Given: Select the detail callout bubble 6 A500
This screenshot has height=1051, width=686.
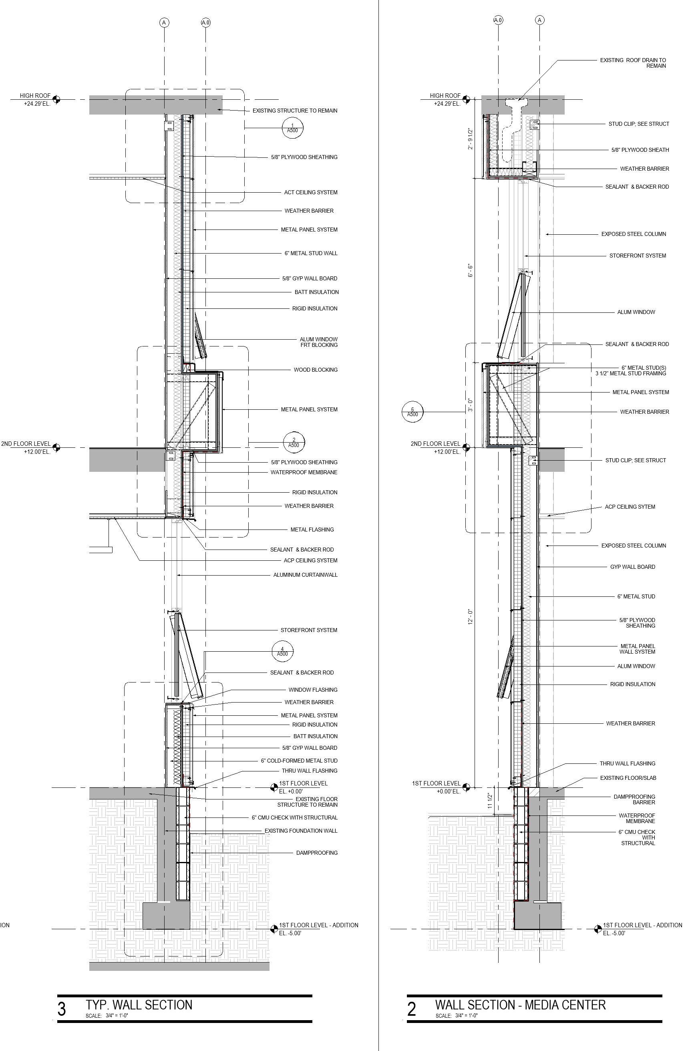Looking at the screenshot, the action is (412, 412).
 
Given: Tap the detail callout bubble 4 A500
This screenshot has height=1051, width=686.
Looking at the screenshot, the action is (282, 651).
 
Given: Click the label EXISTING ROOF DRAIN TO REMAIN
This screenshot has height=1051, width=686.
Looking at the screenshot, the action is (633, 63).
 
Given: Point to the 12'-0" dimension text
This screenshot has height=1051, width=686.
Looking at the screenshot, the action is (471, 617).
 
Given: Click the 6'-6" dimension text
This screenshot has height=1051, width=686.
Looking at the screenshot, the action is (471, 271).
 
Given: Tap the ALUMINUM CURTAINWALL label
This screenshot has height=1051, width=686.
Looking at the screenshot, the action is (305, 575).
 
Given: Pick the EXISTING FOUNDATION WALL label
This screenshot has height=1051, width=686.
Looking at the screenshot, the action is (301, 831).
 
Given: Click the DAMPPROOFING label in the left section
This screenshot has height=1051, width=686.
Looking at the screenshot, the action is (316, 853).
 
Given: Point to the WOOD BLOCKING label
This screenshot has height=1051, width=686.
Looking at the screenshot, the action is (315, 370).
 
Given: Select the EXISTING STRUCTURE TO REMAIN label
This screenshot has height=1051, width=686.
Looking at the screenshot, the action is (294, 111).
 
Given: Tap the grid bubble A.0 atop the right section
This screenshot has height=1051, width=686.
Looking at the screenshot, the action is (498, 20).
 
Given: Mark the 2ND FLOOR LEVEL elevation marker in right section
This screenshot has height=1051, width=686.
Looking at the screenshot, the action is (466, 447).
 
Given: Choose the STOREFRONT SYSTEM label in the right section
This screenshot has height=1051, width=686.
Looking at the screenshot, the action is (638, 256).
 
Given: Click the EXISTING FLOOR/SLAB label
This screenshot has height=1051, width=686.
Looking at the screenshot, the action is (628, 778).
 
